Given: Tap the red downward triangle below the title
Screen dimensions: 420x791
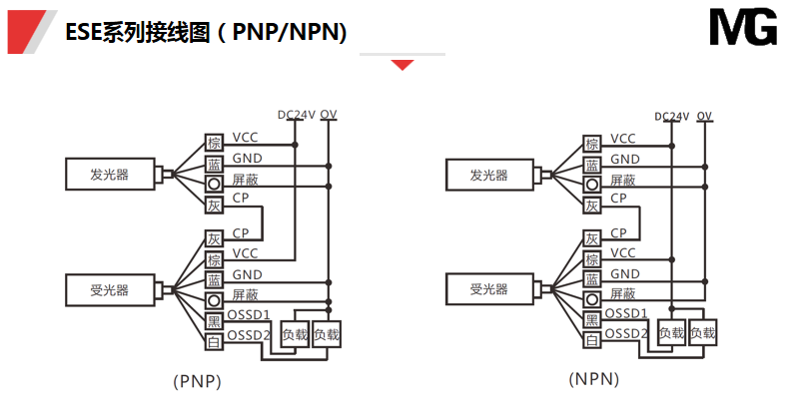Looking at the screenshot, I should tap(402, 65).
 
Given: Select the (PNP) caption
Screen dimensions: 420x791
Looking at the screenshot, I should tap(197, 381).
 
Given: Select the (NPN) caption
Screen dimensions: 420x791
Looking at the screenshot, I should tap(593, 379).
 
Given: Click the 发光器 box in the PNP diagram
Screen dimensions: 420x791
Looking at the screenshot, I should tap(110, 175).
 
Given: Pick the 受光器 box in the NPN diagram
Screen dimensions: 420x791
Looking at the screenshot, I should tap(489, 289).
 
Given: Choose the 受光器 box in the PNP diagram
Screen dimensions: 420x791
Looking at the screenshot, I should tap(110, 290).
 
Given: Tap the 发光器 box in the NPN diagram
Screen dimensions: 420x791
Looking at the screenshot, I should tap(489, 175).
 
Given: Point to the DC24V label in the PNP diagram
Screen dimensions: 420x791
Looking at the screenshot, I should tap(297, 115).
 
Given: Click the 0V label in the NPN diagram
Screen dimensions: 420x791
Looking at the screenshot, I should tap(705, 115).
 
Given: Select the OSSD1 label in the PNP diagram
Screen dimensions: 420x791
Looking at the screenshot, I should tap(250, 314).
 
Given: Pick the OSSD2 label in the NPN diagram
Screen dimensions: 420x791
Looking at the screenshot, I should tap(627, 333).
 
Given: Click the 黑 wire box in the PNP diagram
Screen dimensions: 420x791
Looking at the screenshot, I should tap(214, 321).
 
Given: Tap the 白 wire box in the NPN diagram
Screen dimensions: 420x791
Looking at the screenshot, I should tap(592, 341).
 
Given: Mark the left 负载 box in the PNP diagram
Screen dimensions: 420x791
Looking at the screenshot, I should tap(296, 334).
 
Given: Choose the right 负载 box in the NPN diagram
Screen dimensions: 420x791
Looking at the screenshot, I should tap(703, 333).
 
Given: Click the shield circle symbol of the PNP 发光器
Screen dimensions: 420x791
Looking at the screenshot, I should tap(214, 185).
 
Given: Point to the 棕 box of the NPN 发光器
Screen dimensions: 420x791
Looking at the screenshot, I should tap(592, 144).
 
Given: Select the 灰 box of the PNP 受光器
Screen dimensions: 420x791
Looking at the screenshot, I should tap(214, 239).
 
